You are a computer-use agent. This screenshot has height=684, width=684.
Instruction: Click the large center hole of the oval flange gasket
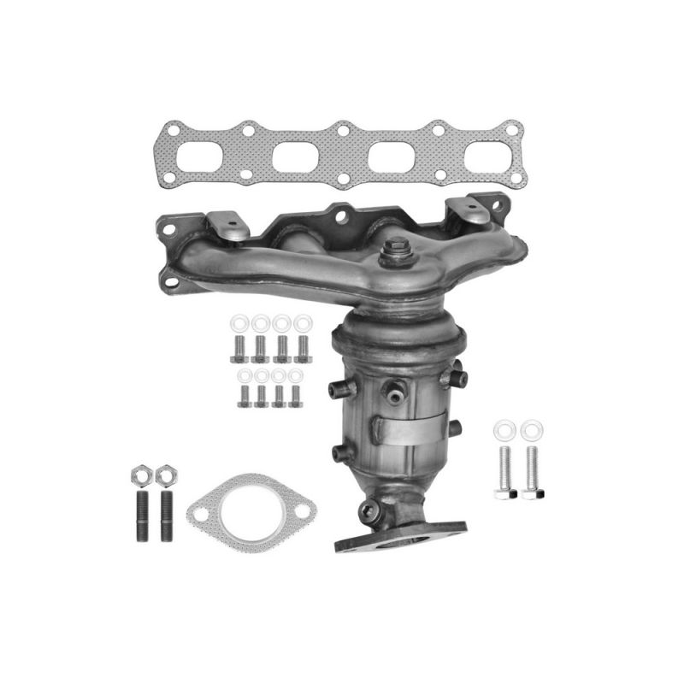[251, 514]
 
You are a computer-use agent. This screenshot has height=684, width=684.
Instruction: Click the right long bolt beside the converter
[532, 469]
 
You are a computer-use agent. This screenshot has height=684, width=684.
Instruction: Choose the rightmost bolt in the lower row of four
[296, 396]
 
